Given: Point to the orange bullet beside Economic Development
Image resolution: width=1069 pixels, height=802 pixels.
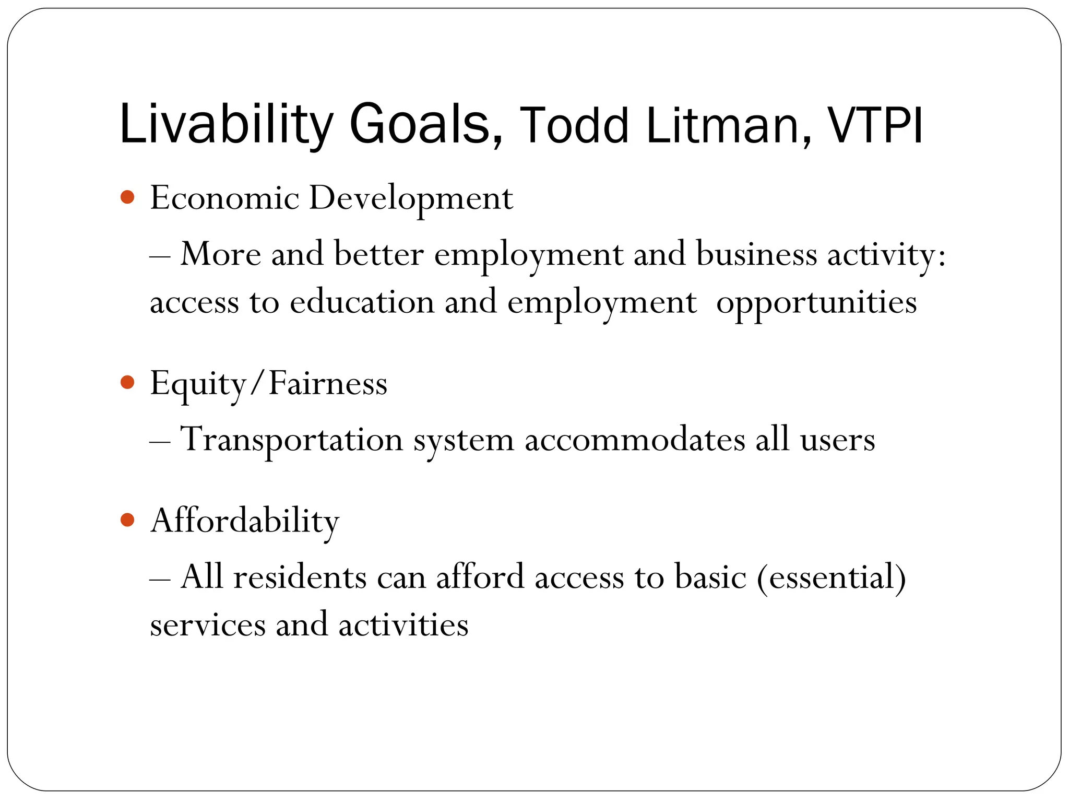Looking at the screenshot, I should click(x=127, y=197).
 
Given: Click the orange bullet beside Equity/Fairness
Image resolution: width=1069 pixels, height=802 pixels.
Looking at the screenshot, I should click(x=127, y=382).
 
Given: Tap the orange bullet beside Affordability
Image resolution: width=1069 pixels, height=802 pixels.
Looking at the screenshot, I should click(x=127, y=520).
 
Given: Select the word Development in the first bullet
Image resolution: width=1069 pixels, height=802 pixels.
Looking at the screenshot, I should click(x=411, y=198).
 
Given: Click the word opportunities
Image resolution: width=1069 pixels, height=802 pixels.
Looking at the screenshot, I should click(x=816, y=303).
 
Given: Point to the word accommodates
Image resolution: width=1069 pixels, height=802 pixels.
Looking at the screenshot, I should click(x=635, y=440).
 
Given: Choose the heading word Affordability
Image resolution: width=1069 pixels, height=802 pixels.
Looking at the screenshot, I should click(x=244, y=521).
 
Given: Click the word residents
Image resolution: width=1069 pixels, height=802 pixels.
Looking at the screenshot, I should click(x=300, y=577).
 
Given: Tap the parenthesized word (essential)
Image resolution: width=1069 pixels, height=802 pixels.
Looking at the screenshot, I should click(x=831, y=577).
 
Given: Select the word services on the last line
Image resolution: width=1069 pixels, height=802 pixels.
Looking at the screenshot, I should click(x=207, y=625).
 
